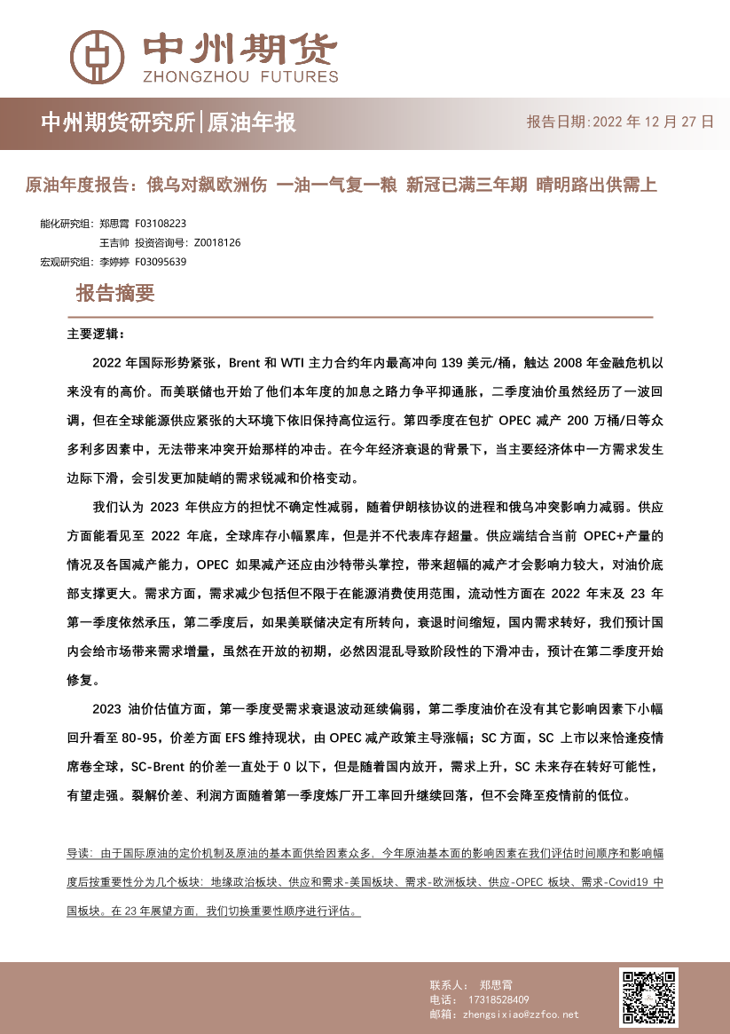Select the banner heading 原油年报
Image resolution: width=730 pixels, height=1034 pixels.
[x=251, y=122]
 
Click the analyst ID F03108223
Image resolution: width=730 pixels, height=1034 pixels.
[x=161, y=225]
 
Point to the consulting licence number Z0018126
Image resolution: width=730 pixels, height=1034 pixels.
[x=216, y=242]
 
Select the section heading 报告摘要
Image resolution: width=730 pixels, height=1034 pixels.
[x=115, y=293]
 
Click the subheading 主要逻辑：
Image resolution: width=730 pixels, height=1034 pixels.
[x=97, y=335]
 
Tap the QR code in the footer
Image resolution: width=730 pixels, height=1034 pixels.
[x=648, y=997]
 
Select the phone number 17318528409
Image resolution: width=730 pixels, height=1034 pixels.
[x=498, y=999]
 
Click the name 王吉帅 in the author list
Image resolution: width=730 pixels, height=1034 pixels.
[x=114, y=242]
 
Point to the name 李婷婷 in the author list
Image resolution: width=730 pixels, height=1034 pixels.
[x=114, y=261]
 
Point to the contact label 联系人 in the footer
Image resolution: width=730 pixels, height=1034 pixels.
[x=447, y=985]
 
